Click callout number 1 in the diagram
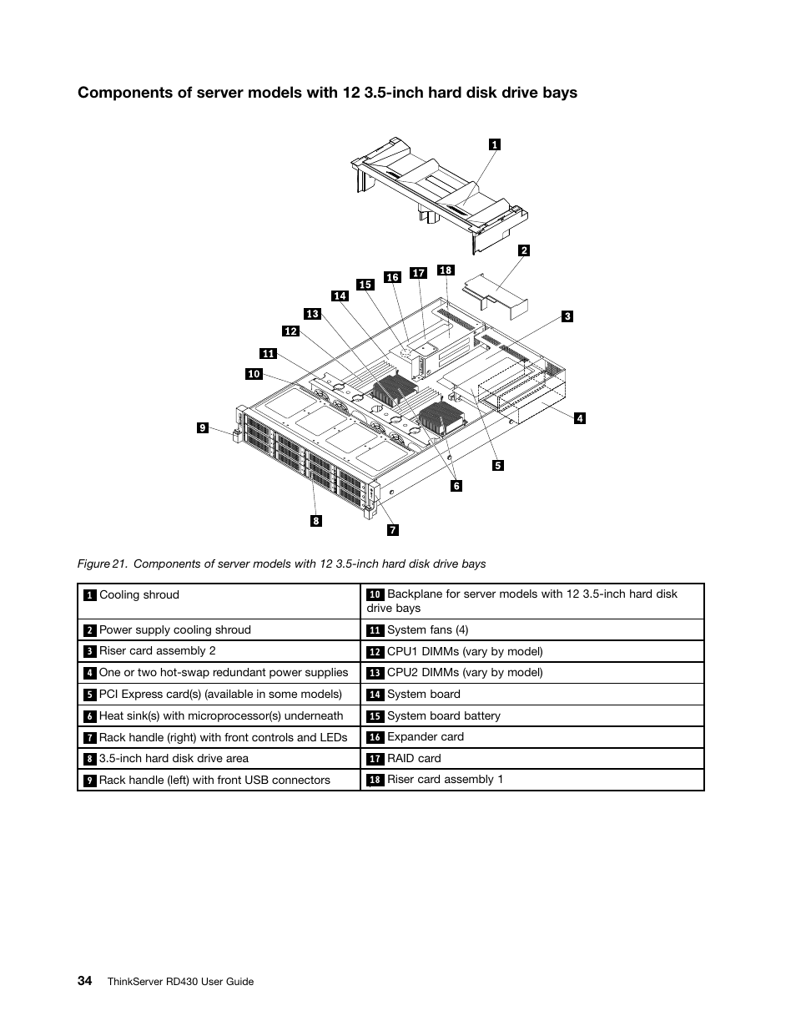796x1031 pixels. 494,144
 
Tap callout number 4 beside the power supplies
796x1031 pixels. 580,418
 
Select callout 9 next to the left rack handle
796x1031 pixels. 202,428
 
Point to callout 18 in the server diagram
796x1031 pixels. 446,270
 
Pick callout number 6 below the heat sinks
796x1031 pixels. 456,486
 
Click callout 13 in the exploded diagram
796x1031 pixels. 312,314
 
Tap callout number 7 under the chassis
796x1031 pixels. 392,529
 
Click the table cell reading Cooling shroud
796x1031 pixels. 139,595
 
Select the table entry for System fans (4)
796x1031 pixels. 427,630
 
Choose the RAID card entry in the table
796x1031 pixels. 414,759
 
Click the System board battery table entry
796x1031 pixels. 443,716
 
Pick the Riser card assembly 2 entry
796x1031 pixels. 157,651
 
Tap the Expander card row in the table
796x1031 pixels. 425,737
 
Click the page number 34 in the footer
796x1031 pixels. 85,981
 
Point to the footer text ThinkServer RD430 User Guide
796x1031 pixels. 180,982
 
